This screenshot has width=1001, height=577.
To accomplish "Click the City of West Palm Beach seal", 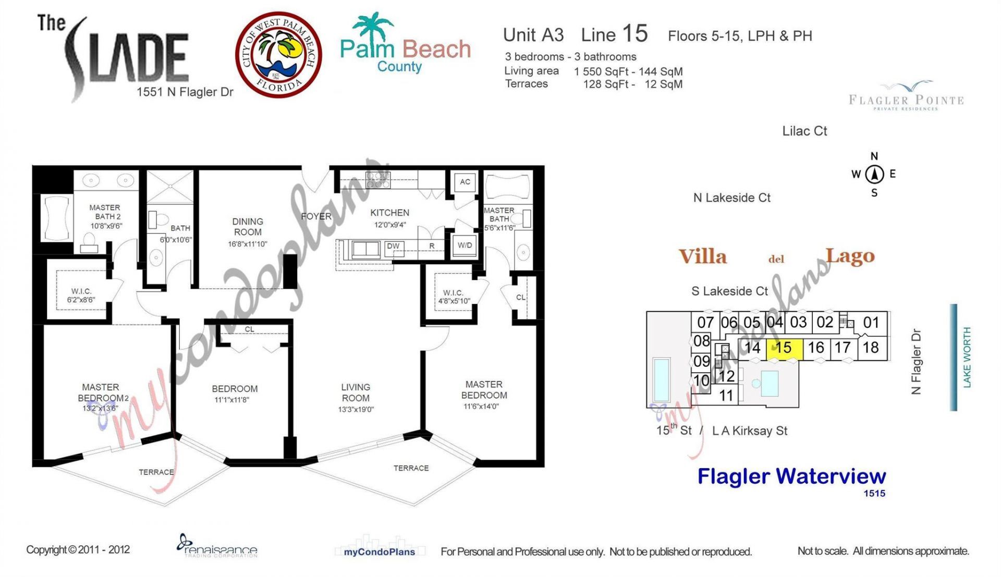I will [278, 55].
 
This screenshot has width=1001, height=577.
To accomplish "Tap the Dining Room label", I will [248, 227].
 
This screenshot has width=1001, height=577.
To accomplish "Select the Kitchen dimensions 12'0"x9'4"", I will [389, 225].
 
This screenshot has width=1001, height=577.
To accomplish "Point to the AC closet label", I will [465, 182].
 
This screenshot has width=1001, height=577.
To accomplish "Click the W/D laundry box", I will [465, 245].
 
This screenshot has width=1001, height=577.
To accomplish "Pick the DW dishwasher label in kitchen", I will [393, 246].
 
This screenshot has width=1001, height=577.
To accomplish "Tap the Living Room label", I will [356, 392].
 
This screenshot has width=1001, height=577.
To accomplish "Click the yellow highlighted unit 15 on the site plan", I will [784, 348].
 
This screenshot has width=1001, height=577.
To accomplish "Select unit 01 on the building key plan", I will [871, 323].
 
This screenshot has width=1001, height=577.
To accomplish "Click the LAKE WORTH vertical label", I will [967, 358].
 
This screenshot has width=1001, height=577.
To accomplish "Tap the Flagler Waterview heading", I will [791, 476].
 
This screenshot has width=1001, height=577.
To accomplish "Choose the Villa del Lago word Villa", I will [702, 257].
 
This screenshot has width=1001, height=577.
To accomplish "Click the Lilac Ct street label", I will [804, 131].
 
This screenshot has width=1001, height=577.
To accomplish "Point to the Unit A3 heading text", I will [533, 35].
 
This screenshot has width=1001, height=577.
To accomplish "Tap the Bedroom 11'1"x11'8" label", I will [234, 394].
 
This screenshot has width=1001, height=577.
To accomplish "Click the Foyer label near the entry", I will [316, 216].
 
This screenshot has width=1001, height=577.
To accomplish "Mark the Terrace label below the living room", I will [411, 468].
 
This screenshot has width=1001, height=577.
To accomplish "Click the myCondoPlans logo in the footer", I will [379, 550].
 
